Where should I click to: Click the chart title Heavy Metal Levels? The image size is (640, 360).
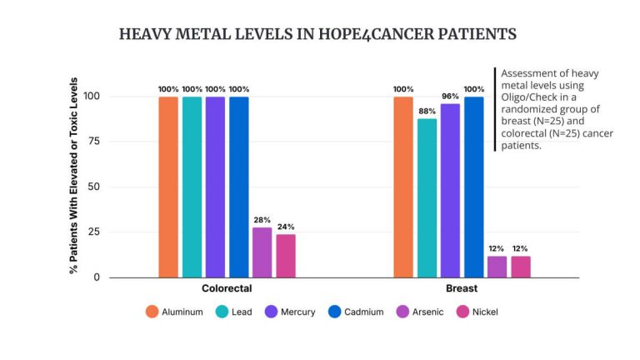coord(317,34)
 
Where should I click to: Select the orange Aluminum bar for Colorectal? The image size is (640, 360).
coord(168,187)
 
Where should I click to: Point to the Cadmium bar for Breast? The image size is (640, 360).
coord(474,187)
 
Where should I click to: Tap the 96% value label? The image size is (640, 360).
coord(450,96)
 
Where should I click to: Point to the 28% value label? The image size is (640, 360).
coord(262,219)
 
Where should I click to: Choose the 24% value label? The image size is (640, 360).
coord(286,227)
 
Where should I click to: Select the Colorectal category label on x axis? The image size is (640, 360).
coord(227,288)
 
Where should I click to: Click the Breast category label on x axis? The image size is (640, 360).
coord(462,288)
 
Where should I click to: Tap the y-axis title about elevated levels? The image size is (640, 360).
coord(75,177)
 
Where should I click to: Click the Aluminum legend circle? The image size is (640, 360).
coord(152,312)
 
